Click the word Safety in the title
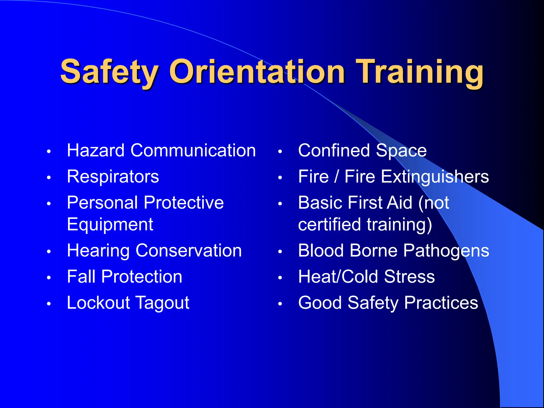[x=109, y=72]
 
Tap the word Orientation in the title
[x=257, y=72]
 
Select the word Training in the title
[x=420, y=72]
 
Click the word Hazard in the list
[x=96, y=151]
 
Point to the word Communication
[x=193, y=151]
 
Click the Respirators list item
[x=113, y=177]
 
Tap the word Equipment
[x=110, y=224]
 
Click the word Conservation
[x=189, y=251]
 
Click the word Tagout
[x=163, y=303]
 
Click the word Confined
[x=334, y=151]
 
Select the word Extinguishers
[x=435, y=177]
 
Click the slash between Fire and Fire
[x=337, y=177]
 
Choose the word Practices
[x=441, y=303]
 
